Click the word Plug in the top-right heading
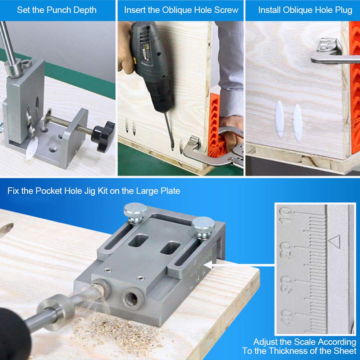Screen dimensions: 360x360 click(x=344, y=10)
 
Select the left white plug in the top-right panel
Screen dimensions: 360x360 click(x=280, y=119)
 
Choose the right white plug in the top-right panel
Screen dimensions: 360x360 click(x=297, y=123)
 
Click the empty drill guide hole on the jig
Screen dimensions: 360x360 click(x=131, y=299)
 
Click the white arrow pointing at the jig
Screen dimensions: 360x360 click(x=239, y=265)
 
